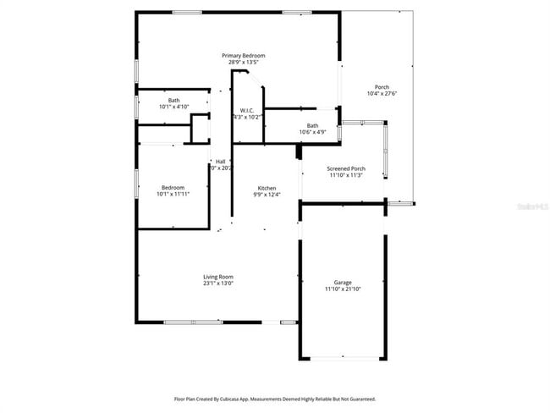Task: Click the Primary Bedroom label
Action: [237, 55]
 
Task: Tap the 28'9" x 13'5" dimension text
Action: [237, 62]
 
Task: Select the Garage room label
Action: [343, 283]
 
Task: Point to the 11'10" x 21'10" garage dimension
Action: [343, 289]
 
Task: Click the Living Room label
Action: [217, 277]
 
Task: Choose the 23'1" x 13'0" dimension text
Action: [217, 284]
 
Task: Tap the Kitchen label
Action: [267, 187]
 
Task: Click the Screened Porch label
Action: [346, 168]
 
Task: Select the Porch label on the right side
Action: [382, 87]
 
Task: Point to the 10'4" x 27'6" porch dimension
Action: [382, 94]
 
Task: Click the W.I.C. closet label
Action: [247, 110]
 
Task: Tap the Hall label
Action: [220, 161]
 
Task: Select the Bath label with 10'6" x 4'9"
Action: [313, 126]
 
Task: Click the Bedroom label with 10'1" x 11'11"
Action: [173, 187]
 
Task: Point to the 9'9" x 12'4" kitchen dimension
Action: [267, 194]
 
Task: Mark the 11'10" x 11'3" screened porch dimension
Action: [346, 175]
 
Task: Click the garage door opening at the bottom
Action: [342, 358]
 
